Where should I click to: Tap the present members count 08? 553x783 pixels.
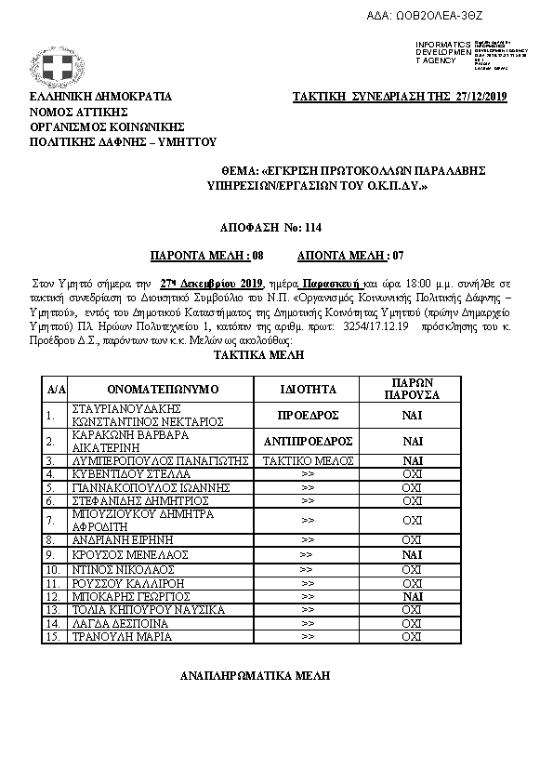pyautogui.click(x=258, y=253)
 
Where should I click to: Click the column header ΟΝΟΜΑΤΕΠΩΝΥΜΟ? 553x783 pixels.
pyautogui.click(x=161, y=388)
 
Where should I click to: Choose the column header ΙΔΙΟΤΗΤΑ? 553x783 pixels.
pyautogui.click(x=308, y=388)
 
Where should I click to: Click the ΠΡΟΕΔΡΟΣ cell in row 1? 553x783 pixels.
pyautogui.click(x=308, y=416)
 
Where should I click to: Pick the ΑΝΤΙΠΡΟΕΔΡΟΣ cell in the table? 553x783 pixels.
pyautogui.click(x=308, y=441)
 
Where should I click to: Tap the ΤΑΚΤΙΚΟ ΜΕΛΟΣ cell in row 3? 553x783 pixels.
pyautogui.click(x=308, y=460)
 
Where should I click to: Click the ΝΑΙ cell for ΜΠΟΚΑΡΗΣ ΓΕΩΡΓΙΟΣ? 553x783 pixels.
pyautogui.click(x=412, y=595)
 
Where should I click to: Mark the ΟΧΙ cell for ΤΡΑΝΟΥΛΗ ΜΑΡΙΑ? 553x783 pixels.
pyautogui.click(x=412, y=637)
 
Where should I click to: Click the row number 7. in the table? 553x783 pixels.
pyautogui.click(x=50, y=520)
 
